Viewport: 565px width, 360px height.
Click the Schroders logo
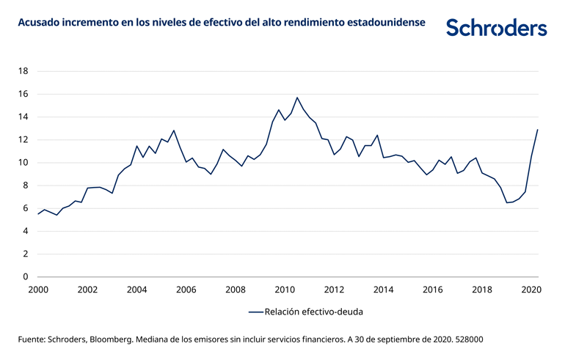pos(497,28)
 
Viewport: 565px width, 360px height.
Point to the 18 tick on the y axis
pos(23,71)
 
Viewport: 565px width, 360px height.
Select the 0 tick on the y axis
pos(26,277)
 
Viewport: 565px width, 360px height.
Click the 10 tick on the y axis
pos(23,163)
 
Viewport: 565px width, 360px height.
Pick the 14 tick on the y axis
pos(23,117)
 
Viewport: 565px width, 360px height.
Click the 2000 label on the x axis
pos(38,290)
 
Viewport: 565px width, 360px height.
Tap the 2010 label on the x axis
pos(285,290)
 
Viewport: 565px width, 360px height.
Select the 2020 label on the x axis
pos(531,290)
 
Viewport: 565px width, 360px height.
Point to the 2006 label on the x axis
pos(186,290)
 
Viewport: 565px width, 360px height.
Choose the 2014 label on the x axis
pos(383,290)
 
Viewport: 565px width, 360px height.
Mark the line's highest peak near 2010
pos(297,98)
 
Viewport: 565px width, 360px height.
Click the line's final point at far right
pos(538,130)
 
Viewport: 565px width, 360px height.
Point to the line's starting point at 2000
pos(38,213)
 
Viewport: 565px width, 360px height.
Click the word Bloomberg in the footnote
pos(113,340)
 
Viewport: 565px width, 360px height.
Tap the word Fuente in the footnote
pos(32,340)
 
